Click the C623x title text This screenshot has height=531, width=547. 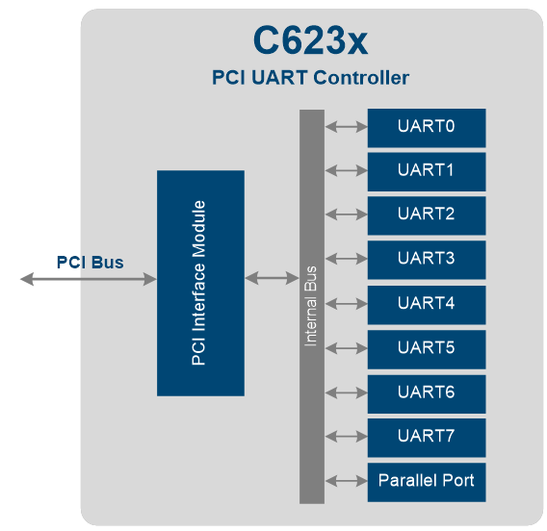click(x=310, y=40)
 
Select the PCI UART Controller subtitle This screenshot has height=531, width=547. click(x=310, y=78)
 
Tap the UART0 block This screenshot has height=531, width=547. click(x=426, y=127)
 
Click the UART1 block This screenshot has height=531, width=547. click(x=426, y=171)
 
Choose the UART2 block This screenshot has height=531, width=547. click(x=426, y=215)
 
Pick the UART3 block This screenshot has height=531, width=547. click(x=426, y=259)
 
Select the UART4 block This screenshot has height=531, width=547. click(x=426, y=304)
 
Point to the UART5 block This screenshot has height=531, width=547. click(x=426, y=348)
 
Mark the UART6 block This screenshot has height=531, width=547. click(x=426, y=392)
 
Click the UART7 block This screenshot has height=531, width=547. click(x=426, y=437)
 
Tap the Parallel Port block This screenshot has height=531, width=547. click(x=426, y=480)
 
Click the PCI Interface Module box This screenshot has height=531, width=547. click(x=200, y=283)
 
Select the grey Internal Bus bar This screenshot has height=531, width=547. click(x=312, y=306)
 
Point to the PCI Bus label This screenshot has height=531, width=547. click(x=90, y=262)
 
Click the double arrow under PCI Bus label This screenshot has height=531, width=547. click(x=89, y=279)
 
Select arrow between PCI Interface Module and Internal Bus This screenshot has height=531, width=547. click(x=272, y=278)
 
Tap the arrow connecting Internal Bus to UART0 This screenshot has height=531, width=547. click(x=346, y=126)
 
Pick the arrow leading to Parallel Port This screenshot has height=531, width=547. click(x=346, y=480)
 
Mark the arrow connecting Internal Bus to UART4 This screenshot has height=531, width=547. click(x=346, y=303)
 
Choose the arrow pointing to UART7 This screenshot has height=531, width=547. click(x=346, y=436)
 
